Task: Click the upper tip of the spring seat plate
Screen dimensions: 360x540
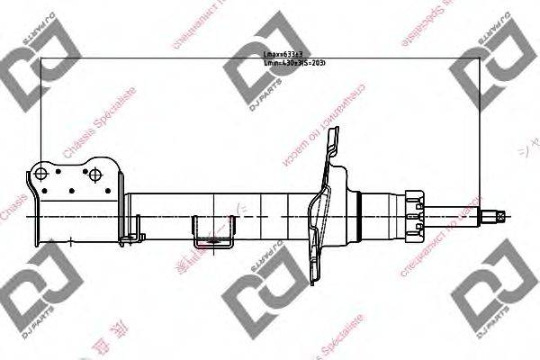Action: pos(337,133)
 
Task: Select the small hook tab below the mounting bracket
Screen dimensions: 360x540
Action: pos(138,237)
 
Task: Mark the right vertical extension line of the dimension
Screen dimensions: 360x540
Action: pos(483,135)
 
